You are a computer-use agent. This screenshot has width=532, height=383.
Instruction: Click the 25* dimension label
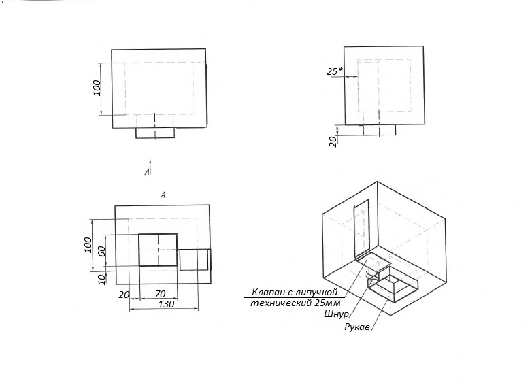click(x=335, y=71)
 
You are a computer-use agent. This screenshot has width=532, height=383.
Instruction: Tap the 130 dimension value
click(x=166, y=304)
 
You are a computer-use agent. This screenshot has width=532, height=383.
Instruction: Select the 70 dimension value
click(x=160, y=293)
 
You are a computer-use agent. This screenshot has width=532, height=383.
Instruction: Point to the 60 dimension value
click(x=101, y=250)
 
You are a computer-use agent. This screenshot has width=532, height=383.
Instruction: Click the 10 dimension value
click(x=101, y=279)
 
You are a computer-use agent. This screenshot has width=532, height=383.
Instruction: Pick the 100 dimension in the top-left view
click(x=97, y=88)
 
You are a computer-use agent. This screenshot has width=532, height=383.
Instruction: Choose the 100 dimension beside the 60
click(x=88, y=245)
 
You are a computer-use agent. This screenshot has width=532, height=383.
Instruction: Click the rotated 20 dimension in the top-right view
click(x=333, y=141)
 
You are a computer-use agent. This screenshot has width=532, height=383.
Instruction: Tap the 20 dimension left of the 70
click(x=124, y=295)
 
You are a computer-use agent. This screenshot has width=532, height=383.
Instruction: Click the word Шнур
click(x=336, y=314)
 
